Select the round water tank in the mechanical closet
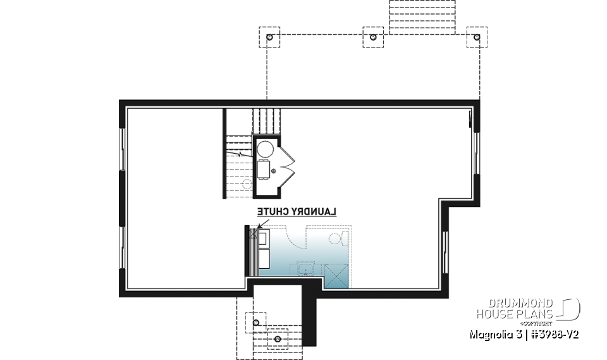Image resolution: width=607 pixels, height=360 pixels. click(265, 149)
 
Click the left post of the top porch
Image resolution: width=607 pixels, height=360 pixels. click(269, 37)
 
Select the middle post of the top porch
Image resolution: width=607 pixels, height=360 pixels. click(373, 37)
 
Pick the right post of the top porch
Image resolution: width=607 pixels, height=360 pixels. click(477, 37)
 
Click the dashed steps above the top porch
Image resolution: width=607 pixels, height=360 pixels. click(422, 16)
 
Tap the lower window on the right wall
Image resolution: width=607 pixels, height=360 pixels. click(446, 248)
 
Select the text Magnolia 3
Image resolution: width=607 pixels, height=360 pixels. click(493, 333)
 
